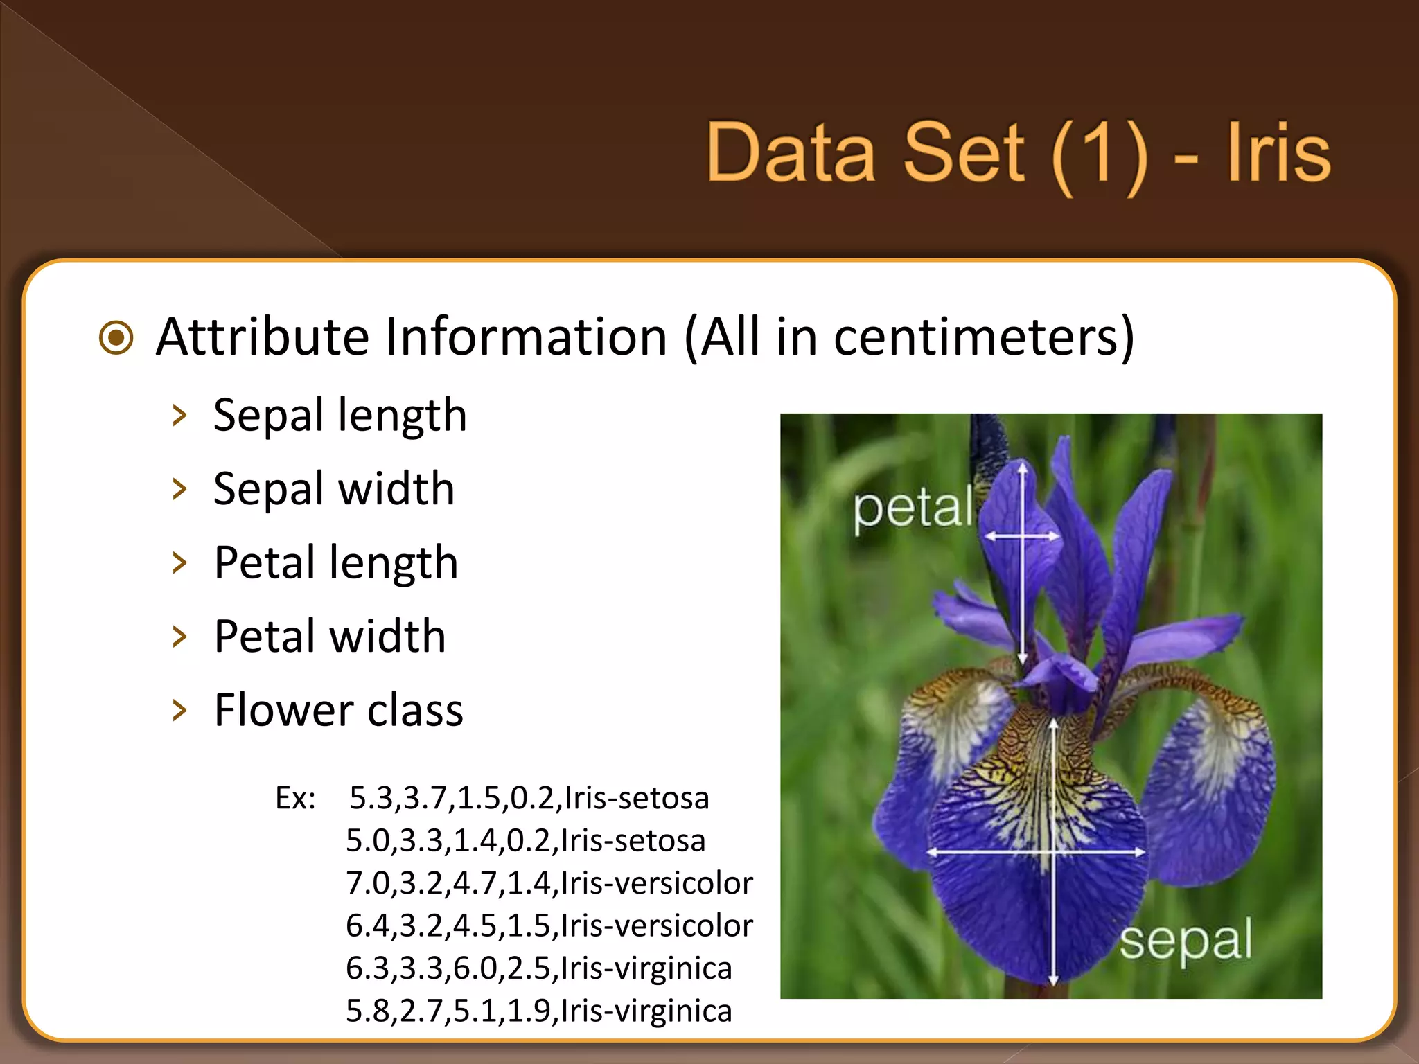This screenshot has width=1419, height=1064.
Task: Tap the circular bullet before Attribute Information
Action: pyautogui.click(x=116, y=338)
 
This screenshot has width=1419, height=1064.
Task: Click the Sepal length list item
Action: pyautogui.click(x=340, y=416)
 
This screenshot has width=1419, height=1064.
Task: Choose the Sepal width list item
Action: pyautogui.click(x=333, y=489)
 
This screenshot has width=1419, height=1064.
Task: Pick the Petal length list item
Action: pyautogui.click(x=335, y=562)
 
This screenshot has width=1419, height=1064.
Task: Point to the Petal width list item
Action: pyautogui.click(x=329, y=636)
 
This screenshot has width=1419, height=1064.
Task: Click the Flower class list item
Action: pyautogui.click(x=338, y=710)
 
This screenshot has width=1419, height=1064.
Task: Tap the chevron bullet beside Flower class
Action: pyautogui.click(x=179, y=710)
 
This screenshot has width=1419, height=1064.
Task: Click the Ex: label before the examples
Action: pyautogui.click(x=296, y=799)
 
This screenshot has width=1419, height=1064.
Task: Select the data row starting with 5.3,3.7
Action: pyautogui.click(x=529, y=798)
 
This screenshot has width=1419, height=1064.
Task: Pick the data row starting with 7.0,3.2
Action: pyautogui.click(x=549, y=883)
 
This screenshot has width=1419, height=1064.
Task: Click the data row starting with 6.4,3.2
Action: pyautogui.click(x=549, y=925)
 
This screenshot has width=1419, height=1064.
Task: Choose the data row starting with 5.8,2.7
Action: pyautogui.click(x=538, y=1011)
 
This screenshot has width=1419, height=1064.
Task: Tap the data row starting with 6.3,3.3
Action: pyautogui.click(x=538, y=968)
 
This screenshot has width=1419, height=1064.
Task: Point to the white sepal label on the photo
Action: pyautogui.click(x=1186, y=941)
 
